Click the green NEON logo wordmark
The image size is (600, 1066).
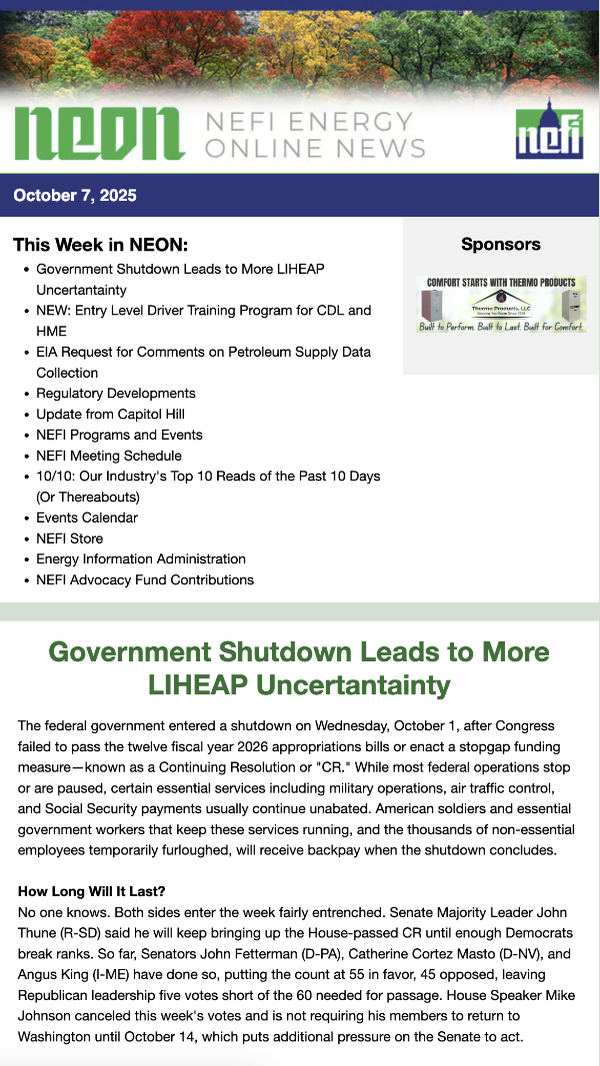[x=99, y=134]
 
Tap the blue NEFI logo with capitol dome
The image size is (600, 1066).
[x=549, y=129]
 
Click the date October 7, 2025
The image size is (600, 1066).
[x=75, y=196]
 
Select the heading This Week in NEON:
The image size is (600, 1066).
[x=100, y=245]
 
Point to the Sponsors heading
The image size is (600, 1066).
[x=500, y=245]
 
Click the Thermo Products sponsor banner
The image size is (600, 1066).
[x=501, y=305]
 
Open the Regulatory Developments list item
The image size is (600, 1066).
[x=116, y=394]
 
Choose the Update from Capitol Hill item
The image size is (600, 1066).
[x=110, y=415]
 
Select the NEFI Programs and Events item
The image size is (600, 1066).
[x=119, y=436]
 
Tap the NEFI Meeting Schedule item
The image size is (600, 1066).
[x=109, y=456]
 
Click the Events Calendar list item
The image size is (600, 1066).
[x=87, y=518]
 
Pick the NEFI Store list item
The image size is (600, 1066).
[x=69, y=538]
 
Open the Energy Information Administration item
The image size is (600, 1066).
[x=141, y=559]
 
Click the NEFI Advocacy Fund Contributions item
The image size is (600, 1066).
[x=145, y=580]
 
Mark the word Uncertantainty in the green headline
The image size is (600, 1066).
[x=353, y=686]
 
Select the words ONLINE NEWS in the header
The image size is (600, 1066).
[x=314, y=147]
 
